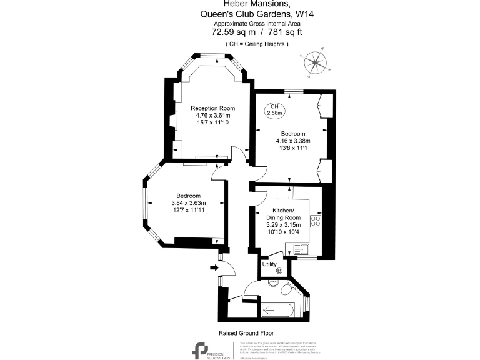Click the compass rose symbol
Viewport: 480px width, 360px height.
tap(317, 62)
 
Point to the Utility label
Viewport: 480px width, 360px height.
tap(269, 264)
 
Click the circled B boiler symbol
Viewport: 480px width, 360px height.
tap(279, 270)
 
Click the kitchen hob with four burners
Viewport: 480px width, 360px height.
tap(316, 221)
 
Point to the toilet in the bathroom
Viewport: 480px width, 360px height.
tap(286, 291)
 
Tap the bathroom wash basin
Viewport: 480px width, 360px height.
tap(272, 283)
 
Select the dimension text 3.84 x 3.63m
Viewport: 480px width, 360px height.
tap(189, 202)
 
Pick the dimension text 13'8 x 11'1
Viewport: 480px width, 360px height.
tap(292, 148)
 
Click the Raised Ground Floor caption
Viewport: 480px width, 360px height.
tap(246, 333)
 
